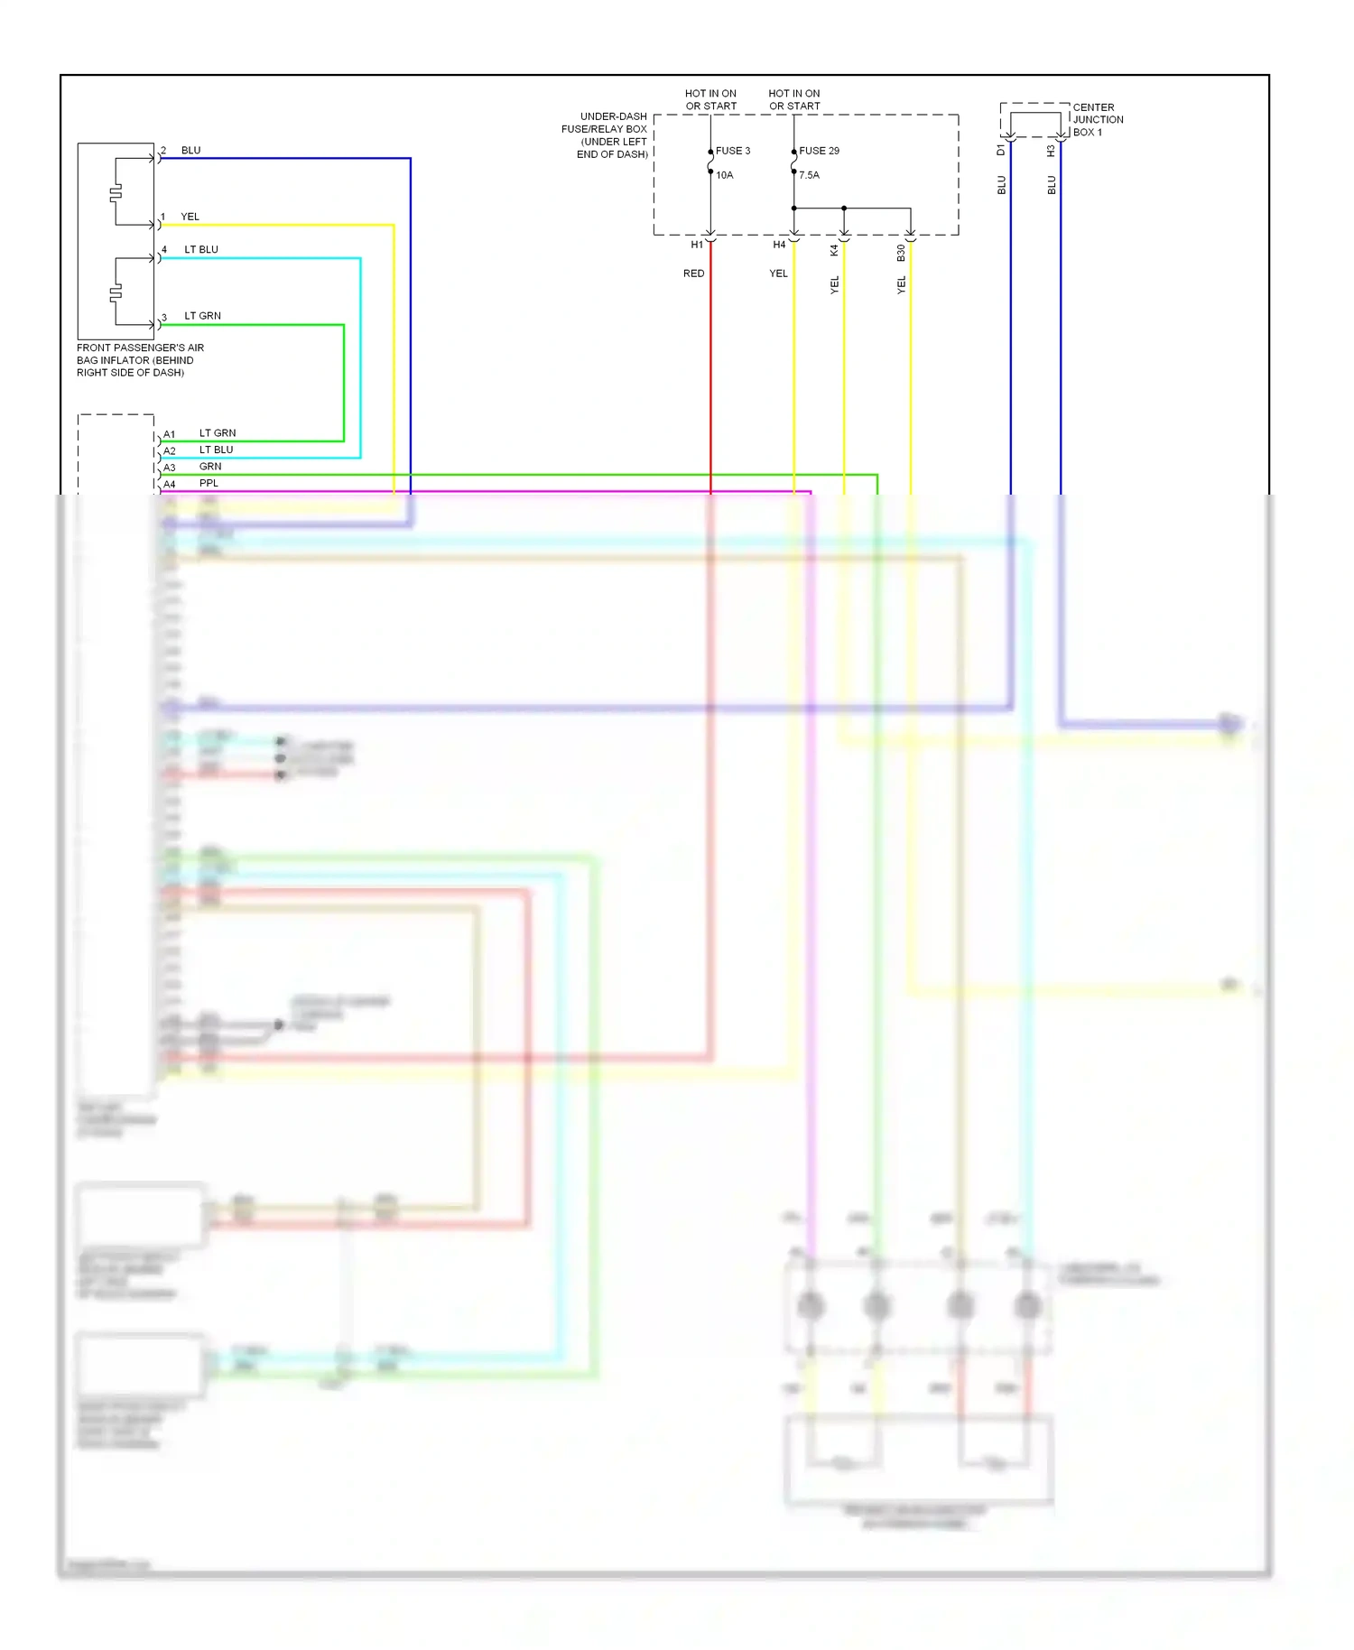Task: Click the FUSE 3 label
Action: (732, 151)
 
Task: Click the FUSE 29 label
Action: (819, 151)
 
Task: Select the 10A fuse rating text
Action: (724, 175)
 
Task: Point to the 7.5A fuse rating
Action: (809, 175)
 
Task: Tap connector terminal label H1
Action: (697, 245)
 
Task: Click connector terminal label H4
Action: (779, 245)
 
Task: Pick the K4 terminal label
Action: (834, 250)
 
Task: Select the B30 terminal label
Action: (901, 254)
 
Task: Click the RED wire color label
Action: (693, 273)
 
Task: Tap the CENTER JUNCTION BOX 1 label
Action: (1097, 119)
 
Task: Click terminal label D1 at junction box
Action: (1001, 150)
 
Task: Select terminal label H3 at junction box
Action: (1052, 151)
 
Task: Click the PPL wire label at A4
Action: (209, 483)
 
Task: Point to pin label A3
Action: (170, 468)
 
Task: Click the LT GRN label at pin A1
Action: (217, 433)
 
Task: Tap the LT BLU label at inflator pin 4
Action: (201, 249)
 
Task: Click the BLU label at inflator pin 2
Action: (190, 150)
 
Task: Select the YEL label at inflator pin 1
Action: (190, 217)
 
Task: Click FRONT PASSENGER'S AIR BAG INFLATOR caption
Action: (140, 359)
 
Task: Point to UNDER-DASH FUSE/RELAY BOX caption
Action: (604, 135)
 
